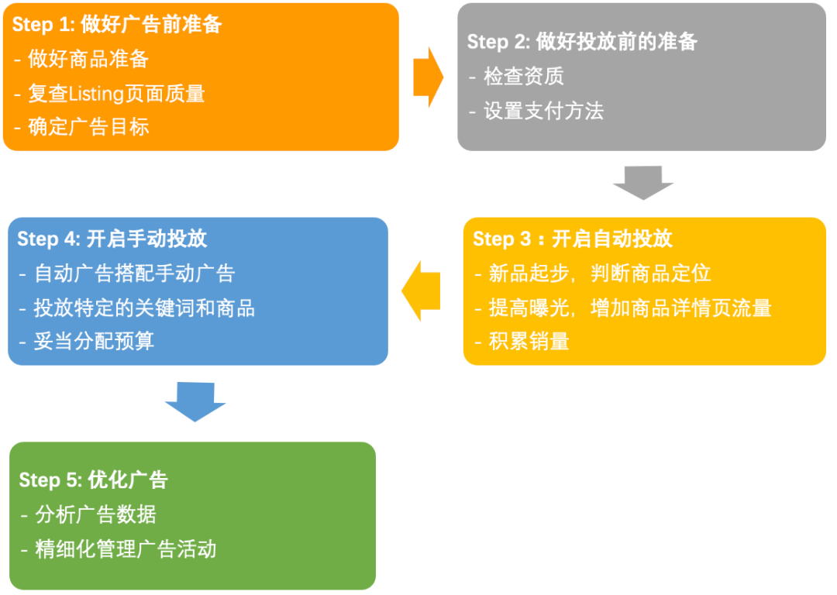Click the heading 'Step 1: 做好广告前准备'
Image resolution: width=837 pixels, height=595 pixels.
[x=117, y=25]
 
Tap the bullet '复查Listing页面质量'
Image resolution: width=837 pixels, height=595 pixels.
[x=116, y=94]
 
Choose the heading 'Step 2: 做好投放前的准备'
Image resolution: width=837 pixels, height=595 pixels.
[x=582, y=42]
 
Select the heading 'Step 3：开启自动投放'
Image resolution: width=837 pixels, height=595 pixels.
[x=573, y=239]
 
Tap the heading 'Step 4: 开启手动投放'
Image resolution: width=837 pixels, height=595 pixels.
[x=112, y=239]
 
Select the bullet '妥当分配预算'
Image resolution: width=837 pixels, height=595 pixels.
[x=93, y=342]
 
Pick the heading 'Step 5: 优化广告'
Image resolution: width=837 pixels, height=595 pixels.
[x=93, y=480]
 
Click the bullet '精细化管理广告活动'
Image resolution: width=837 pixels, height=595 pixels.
[x=125, y=549]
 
